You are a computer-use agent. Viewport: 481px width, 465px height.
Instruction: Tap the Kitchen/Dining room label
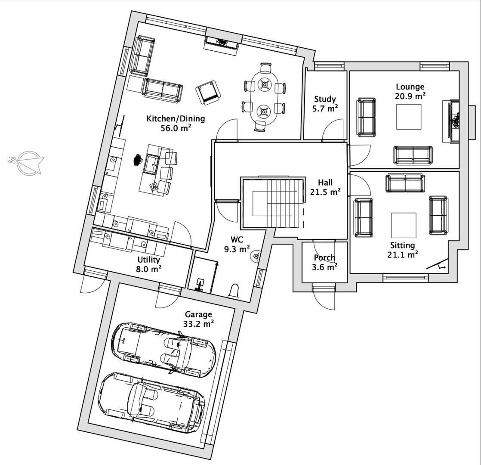click(176, 119)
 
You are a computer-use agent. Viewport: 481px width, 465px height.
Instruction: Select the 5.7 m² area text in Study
click(325, 108)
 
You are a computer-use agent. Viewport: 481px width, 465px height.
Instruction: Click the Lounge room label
click(410, 87)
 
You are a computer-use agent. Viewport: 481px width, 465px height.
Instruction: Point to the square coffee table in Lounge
click(409, 117)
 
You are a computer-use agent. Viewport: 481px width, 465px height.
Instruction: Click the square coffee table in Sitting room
click(404, 225)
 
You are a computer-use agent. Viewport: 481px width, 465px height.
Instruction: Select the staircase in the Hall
click(275, 203)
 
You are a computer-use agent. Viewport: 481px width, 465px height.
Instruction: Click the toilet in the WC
click(234, 291)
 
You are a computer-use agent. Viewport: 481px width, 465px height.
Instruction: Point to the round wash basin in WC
click(256, 257)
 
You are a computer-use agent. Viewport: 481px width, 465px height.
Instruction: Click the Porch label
click(324, 257)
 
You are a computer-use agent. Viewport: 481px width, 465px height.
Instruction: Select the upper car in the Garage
click(163, 347)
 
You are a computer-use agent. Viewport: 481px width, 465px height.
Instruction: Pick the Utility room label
click(149, 260)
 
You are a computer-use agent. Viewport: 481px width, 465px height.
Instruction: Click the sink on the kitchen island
click(152, 164)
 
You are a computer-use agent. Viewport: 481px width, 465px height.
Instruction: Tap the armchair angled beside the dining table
click(209, 93)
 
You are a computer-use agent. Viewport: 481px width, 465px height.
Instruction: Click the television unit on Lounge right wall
click(452, 121)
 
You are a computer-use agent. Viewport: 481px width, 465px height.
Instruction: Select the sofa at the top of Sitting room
click(405, 183)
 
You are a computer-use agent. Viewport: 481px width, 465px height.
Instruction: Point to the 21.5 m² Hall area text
click(325, 192)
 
